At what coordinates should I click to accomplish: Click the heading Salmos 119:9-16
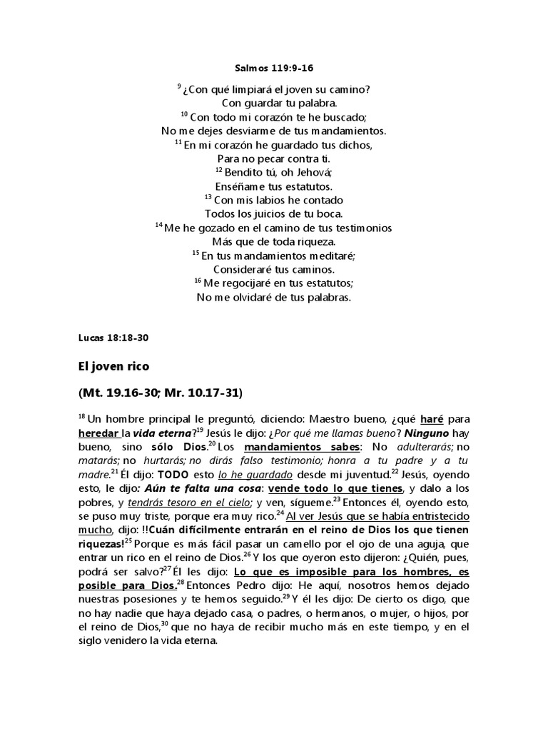tap(274, 69)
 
